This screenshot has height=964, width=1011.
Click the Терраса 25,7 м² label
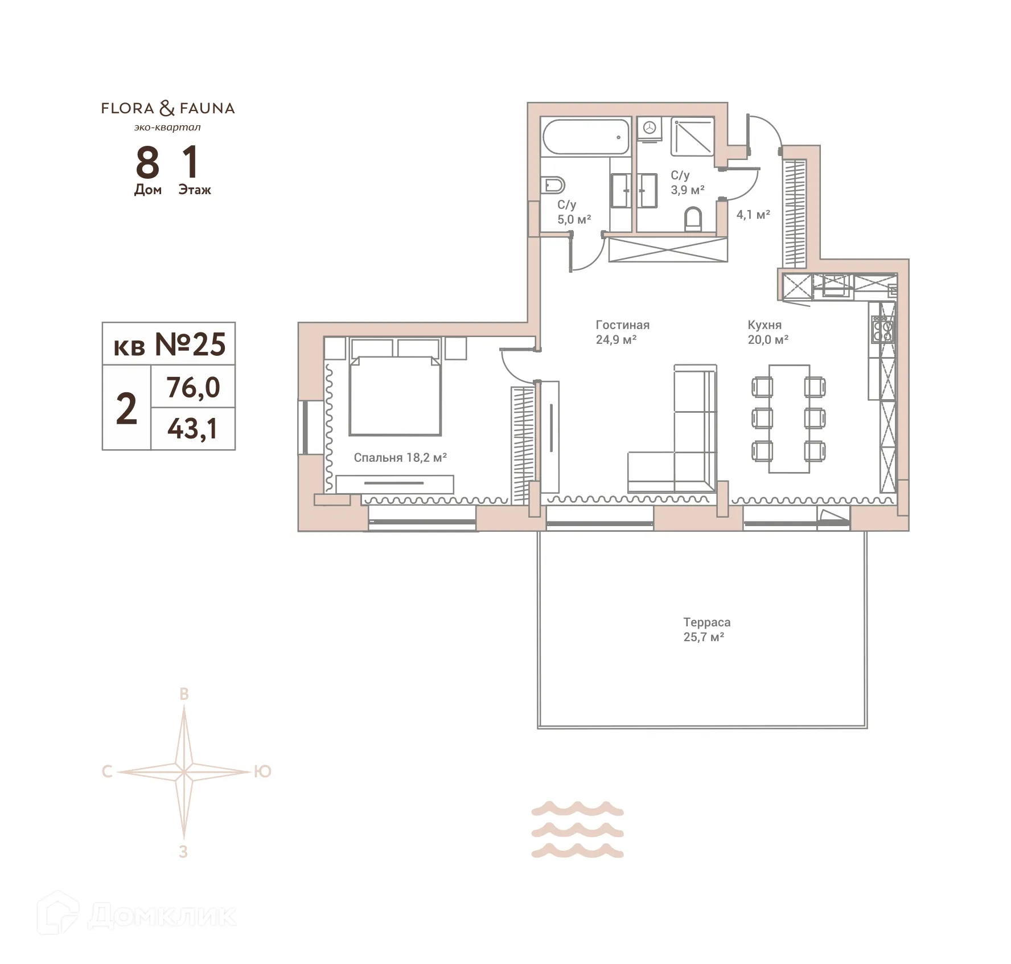click(x=706, y=630)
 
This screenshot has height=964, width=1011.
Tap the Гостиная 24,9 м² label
click(x=622, y=332)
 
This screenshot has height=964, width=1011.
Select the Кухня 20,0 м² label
click(x=767, y=332)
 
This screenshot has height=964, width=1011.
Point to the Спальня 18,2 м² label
click(x=400, y=458)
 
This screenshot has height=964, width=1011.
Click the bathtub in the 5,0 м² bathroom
click(x=586, y=137)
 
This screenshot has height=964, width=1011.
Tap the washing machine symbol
click(x=649, y=129)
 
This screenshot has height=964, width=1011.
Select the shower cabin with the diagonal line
click(x=692, y=137)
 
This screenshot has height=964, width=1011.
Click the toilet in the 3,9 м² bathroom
click(x=692, y=219)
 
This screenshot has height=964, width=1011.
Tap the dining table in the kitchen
click(x=789, y=419)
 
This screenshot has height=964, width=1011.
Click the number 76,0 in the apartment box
click(x=193, y=388)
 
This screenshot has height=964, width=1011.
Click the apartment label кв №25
click(x=169, y=344)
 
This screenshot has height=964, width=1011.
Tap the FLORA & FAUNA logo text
click(x=168, y=108)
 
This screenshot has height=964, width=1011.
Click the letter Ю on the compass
click(x=262, y=772)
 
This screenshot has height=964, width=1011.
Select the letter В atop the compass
click(x=184, y=694)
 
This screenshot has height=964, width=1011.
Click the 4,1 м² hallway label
click(x=753, y=215)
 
